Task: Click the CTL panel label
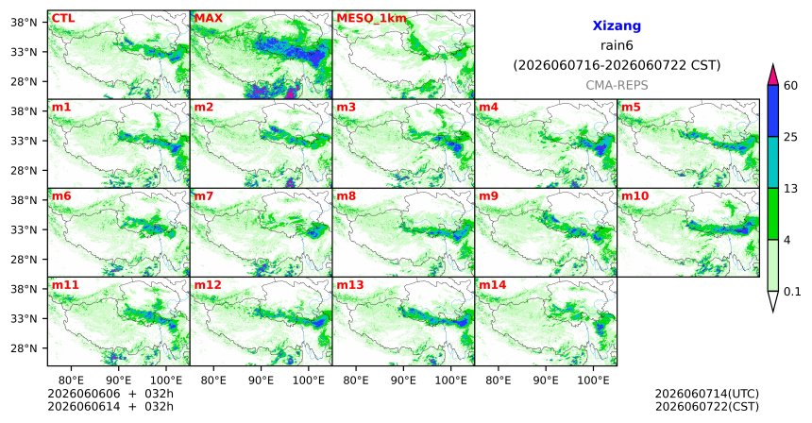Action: pos(63,19)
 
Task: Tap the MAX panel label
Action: pos(208,19)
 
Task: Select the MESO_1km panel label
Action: pos(371,19)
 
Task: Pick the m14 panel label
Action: pos(492,285)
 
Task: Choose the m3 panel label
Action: pos(346,108)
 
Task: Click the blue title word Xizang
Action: pos(617,25)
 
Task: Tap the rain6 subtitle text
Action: pos(617,45)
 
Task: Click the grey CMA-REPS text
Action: pos(617,85)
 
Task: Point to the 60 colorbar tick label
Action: pos(790,85)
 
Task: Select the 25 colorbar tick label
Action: pos(790,137)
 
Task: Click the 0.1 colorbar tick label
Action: pos(792,292)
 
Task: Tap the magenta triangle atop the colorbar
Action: pos(772,76)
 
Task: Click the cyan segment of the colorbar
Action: pos(772,162)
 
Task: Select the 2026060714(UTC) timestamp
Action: pos(707,395)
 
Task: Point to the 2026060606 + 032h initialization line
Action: pos(110,394)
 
